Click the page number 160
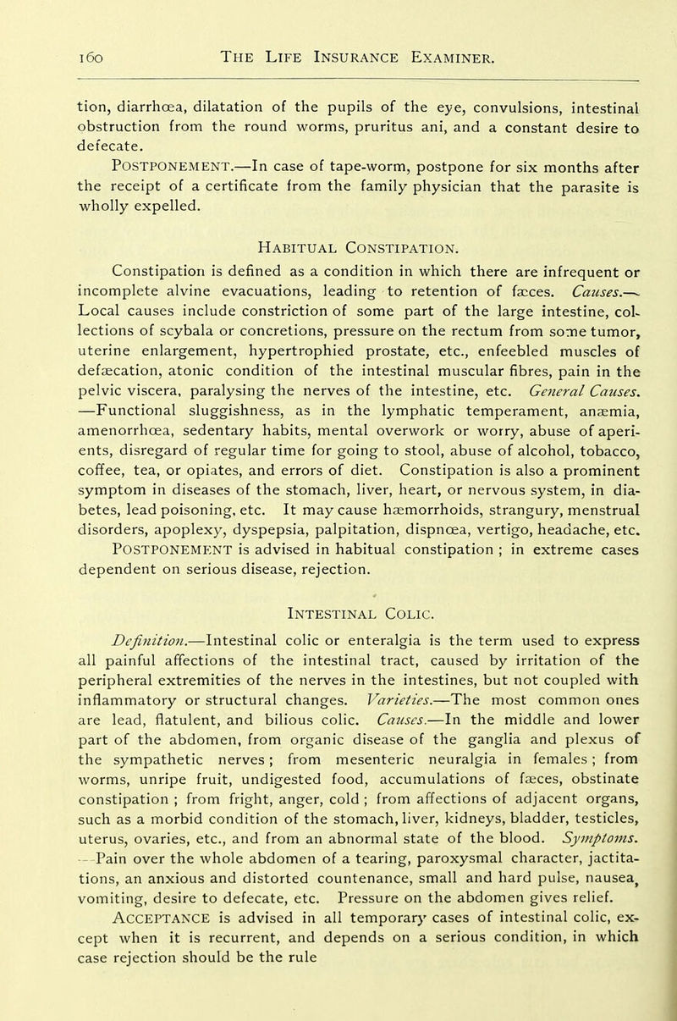pos(41,56)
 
